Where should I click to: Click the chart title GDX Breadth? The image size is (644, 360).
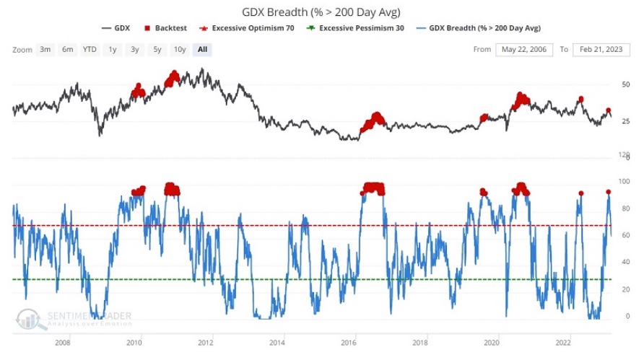point(322,12)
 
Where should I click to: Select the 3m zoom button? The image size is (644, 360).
point(45,49)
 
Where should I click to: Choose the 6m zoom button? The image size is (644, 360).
point(67,49)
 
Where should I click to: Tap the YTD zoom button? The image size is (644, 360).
point(90,49)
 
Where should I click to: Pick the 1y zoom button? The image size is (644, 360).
point(113,49)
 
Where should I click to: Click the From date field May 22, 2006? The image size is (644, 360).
point(524,49)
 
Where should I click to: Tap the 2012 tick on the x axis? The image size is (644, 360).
point(205,343)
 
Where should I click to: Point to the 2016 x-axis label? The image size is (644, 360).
point(349,343)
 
